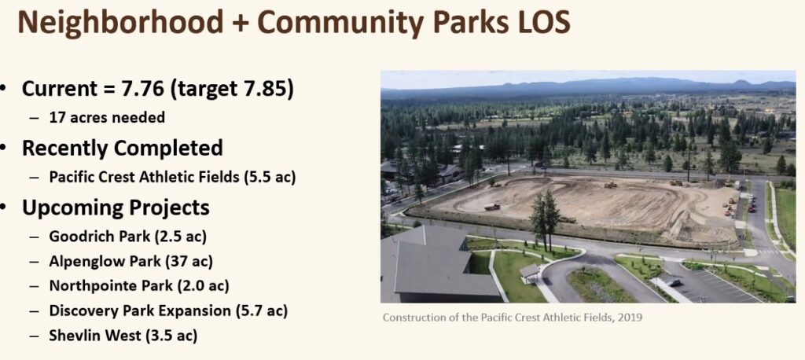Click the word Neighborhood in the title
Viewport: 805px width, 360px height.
point(120,23)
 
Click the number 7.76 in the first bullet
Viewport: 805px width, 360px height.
point(143,89)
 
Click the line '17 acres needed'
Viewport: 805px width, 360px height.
point(107,118)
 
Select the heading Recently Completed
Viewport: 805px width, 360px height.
point(122,149)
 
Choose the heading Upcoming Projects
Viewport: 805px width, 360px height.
point(116,208)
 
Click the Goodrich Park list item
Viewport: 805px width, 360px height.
point(128,237)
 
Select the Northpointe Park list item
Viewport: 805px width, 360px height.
point(139,285)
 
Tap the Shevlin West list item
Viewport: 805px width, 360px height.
point(123,336)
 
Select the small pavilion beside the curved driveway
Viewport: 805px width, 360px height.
point(529,273)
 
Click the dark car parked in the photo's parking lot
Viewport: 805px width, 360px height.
point(673,281)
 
